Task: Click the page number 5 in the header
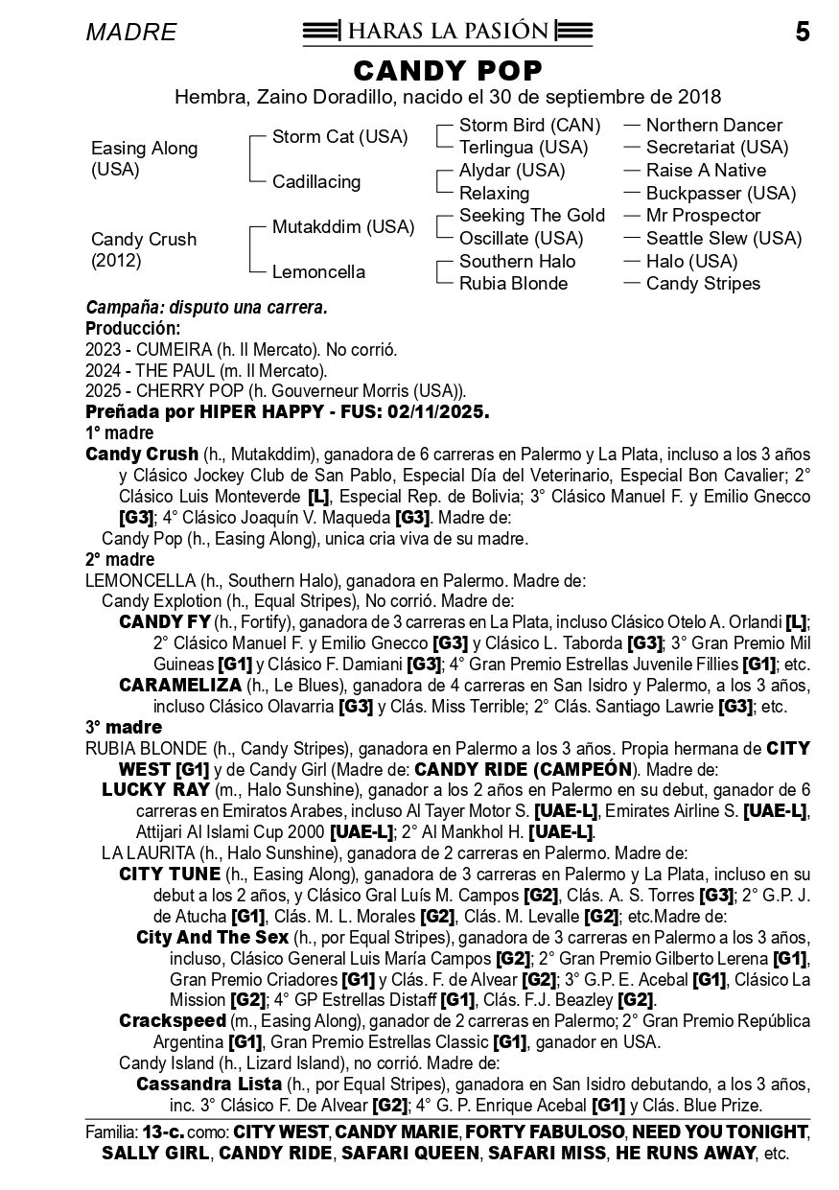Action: (803, 33)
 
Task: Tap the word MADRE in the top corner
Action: (131, 34)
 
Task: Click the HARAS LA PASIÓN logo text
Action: (447, 32)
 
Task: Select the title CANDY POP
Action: (448, 71)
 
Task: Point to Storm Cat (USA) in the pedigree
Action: (339, 137)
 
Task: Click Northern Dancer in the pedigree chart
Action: (713, 126)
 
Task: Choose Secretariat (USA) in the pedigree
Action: (716, 148)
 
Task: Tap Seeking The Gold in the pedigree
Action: (531, 216)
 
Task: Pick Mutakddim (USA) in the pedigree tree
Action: (343, 227)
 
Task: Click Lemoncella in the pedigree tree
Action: (318, 272)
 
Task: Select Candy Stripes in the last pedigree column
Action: (703, 284)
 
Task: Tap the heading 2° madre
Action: (120, 560)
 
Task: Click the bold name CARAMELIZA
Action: (180, 686)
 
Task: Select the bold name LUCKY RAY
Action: (155, 790)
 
